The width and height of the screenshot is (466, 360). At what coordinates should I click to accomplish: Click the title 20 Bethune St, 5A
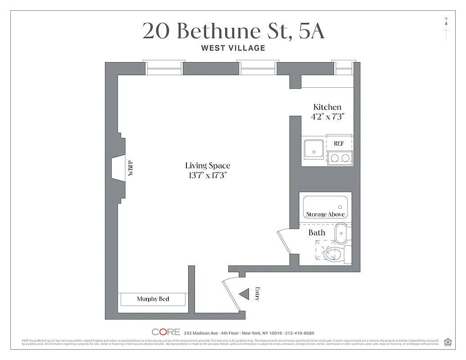pyautogui.click(x=233, y=31)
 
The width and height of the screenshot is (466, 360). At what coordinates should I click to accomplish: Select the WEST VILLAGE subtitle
pyautogui.click(x=233, y=48)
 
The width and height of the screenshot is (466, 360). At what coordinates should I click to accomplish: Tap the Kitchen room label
pyautogui.click(x=327, y=107)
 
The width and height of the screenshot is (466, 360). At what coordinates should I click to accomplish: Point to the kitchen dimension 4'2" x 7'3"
pyautogui.click(x=327, y=117)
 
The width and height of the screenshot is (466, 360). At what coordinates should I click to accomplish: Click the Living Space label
pyautogui.click(x=208, y=166)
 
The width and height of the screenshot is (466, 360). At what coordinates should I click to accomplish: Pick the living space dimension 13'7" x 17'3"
pyautogui.click(x=208, y=175)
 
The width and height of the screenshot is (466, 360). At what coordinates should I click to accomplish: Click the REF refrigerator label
pyautogui.click(x=339, y=143)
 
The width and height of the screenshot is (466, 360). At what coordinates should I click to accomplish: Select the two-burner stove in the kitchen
pyautogui.click(x=339, y=157)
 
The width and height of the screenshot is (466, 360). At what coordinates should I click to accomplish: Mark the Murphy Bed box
pyautogui.click(x=153, y=299)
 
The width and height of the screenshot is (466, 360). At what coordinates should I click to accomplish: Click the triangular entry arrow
pyautogui.click(x=244, y=294)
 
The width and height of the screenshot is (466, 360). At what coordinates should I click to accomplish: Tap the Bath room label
pyautogui.click(x=317, y=233)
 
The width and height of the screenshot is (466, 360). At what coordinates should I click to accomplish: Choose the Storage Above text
pyautogui.click(x=325, y=214)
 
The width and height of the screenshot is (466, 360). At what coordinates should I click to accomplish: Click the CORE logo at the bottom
pyautogui.click(x=166, y=332)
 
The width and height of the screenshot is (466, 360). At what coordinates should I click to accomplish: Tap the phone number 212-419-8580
pyautogui.click(x=299, y=333)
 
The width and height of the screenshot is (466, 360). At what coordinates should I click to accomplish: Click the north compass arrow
pyautogui.click(x=446, y=22)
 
